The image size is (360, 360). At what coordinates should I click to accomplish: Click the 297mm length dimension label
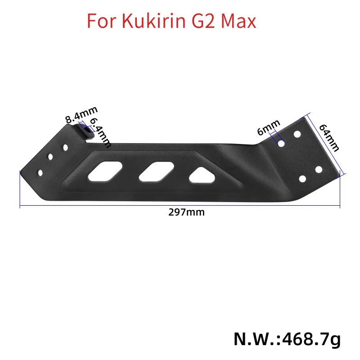(x=186, y=212)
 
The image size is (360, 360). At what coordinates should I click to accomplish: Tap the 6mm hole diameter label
(x=269, y=128)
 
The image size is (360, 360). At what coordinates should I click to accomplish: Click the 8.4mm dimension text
(x=81, y=116)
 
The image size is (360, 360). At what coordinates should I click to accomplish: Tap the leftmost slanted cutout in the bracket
(x=105, y=170)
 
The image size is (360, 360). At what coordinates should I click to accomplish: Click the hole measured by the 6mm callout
(x=281, y=143)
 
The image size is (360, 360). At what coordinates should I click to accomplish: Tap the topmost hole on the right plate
(x=297, y=134)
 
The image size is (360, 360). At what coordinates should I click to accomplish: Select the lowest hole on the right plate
(x=302, y=179)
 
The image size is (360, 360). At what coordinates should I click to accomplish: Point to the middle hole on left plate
(x=50, y=157)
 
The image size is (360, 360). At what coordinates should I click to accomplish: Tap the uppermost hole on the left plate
(x=66, y=147)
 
